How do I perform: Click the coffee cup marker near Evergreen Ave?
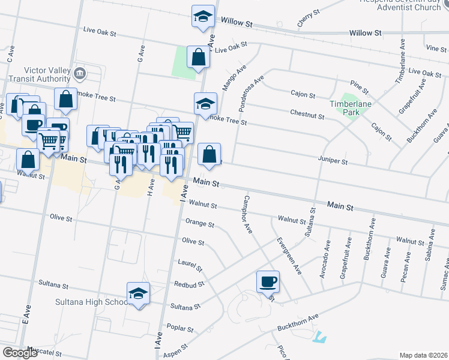[x=268, y=281]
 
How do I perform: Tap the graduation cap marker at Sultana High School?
[x=139, y=294]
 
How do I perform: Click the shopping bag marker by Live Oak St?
[x=198, y=58]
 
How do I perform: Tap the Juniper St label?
[x=333, y=161]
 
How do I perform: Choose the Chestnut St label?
[x=307, y=113]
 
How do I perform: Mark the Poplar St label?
[x=181, y=329]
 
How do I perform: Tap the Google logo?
[x=19, y=353]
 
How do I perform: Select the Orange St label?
[x=200, y=224]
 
